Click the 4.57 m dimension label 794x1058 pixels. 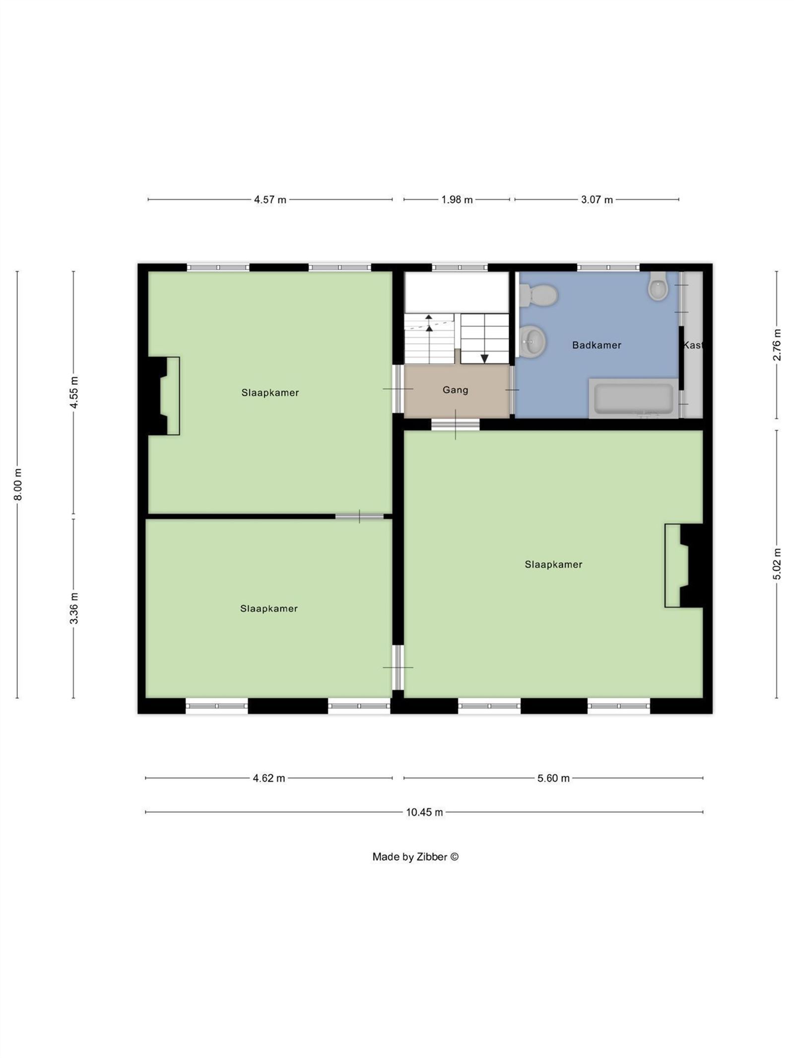point(270,200)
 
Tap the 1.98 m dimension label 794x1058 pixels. point(457,200)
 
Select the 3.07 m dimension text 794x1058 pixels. point(597,200)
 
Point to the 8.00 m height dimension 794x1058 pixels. point(18,484)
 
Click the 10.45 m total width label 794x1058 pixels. point(424,812)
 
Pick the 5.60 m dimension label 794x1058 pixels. point(553,778)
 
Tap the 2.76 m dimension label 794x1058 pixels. point(777,345)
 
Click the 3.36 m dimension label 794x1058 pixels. point(74,608)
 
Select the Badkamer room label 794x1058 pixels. point(596,345)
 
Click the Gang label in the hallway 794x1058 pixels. point(455,390)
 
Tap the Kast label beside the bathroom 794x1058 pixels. point(693,345)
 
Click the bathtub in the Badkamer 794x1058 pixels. point(633,398)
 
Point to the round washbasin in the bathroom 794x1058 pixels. point(533,341)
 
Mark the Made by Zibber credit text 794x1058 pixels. point(415,857)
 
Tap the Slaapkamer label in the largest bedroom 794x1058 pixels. point(553,564)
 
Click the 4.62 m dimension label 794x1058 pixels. point(269,778)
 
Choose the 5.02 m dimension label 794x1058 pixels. point(777,564)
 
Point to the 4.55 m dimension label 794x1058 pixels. point(74,392)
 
